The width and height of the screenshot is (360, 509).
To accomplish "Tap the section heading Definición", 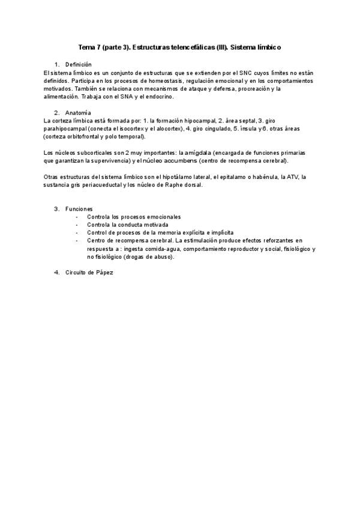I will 79,64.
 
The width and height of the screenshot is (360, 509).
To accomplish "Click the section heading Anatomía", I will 78,112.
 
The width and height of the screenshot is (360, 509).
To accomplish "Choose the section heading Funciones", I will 79,209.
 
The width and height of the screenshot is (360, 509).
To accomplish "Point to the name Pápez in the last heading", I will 104,273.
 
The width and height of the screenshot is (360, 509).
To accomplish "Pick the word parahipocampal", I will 66,128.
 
